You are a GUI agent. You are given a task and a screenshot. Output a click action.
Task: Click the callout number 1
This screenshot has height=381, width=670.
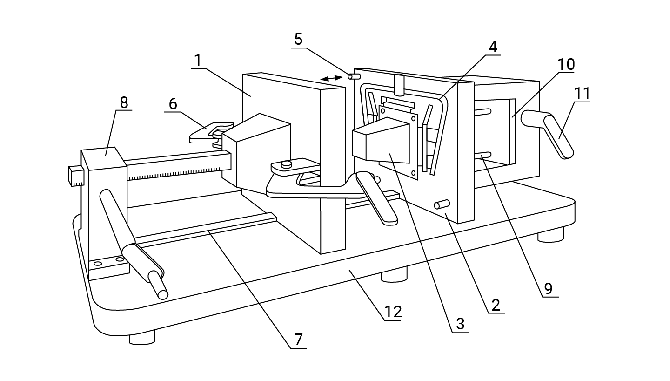point(198,61)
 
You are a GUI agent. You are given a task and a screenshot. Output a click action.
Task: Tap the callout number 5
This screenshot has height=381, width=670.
point(299,39)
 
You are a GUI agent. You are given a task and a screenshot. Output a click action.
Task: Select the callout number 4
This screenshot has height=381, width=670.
point(493,47)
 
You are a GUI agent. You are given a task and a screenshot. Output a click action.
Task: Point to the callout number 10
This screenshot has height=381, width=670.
point(566,64)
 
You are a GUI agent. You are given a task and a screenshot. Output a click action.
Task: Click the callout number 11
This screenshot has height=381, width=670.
point(582,94)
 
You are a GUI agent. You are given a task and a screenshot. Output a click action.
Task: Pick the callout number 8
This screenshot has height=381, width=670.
point(124,102)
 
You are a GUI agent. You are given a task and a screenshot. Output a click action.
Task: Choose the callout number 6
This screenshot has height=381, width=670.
point(173,104)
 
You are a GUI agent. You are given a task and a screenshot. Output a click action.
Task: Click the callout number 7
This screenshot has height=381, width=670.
point(299,340)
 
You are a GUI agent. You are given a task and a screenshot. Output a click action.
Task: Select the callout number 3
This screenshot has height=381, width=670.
point(460,324)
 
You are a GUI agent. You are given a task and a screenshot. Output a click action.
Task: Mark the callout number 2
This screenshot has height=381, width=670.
point(496,305)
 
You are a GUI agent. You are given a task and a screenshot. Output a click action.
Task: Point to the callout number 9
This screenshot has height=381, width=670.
point(548,289)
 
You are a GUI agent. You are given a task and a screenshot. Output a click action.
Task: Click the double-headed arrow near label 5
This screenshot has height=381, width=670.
point(331,78)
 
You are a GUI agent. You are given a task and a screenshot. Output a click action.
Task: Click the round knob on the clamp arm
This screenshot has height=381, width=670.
point(287,163)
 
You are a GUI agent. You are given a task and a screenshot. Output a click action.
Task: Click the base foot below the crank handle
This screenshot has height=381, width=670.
point(550,235)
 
